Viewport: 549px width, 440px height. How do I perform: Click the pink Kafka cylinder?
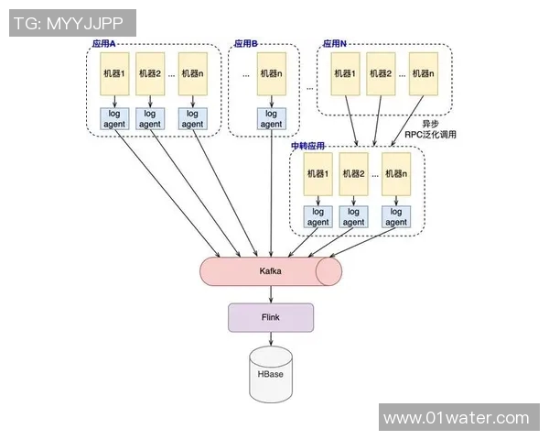pos(271,271)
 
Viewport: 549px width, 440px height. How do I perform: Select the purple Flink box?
pos(271,317)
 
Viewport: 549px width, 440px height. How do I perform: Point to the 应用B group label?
pos(246,44)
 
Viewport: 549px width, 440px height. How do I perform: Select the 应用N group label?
pos(335,44)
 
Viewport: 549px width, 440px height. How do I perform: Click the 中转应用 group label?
pos(308,146)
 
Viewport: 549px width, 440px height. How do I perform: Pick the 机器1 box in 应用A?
pos(116,73)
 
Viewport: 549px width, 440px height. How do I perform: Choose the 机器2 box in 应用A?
pos(150,73)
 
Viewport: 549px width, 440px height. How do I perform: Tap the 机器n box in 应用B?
pos(271,73)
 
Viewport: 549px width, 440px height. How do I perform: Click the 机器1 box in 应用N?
pos(345,73)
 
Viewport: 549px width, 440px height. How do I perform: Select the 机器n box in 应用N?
pos(422,73)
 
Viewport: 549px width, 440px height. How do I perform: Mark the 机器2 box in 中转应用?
pos(353,174)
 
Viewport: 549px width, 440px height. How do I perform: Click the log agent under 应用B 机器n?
pos(271,119)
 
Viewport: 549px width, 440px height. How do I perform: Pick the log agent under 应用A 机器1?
pos(116,119)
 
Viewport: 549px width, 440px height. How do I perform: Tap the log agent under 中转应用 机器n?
pos(395,217)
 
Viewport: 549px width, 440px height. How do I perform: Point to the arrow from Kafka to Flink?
pos(271,293)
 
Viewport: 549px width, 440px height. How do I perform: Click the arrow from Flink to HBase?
pos(271,339)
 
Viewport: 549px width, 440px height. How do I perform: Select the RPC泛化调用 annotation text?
pos(430,134)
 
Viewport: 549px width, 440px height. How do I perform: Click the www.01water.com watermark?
pos(456,418)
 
